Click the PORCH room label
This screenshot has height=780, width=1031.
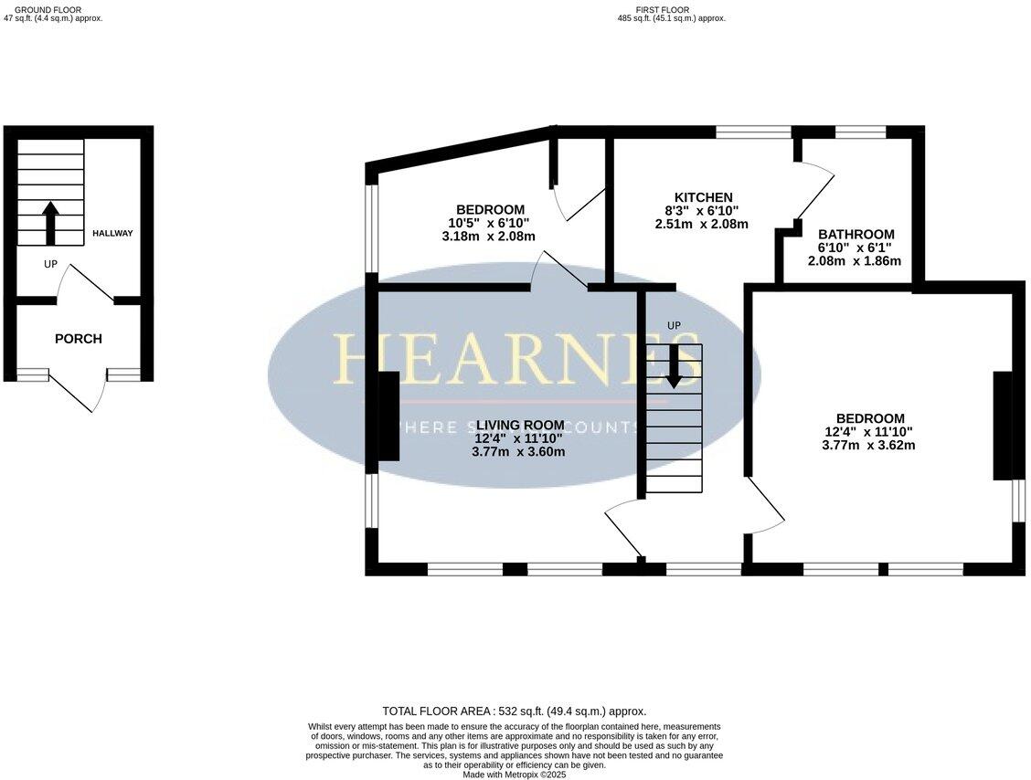click(79, 339)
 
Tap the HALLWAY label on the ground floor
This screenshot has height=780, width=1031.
click(112, 234)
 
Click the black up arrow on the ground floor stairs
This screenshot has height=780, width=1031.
click(50, 223)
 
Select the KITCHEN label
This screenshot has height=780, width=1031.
click(703, 197)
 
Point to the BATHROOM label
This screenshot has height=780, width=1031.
click(856, 235)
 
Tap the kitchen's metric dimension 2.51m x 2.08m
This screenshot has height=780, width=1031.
click(701, 224)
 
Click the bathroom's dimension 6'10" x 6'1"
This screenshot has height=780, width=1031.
click(855, 248)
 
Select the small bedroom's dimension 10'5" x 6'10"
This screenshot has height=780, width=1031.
click(488, 223)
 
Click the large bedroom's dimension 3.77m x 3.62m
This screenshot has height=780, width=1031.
click(868, 446)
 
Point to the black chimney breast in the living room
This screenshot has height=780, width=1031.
click(388, 416)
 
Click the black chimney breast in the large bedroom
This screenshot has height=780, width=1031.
click(1003, 425)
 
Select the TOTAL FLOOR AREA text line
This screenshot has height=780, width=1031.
click(514, 711)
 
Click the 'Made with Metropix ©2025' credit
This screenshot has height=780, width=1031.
click(515, 775)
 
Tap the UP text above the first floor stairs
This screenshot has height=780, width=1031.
click(674, 326)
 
